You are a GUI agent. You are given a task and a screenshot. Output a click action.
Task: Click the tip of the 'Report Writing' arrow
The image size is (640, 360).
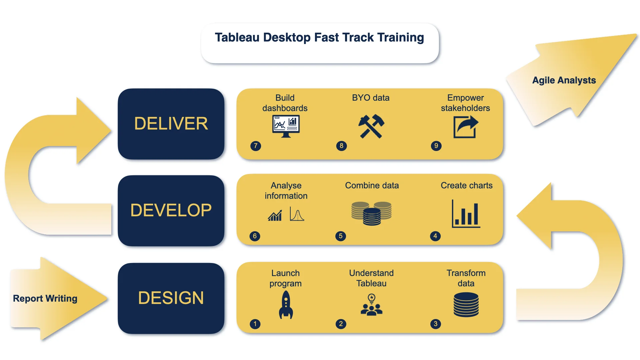108,298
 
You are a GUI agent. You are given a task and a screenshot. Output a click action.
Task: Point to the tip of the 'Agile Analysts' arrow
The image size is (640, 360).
637,34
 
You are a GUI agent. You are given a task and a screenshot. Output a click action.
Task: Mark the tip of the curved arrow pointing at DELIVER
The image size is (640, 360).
111,130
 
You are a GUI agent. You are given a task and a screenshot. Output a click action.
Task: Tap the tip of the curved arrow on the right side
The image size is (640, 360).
517,216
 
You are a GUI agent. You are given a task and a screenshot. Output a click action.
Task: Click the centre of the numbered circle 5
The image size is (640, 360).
341,236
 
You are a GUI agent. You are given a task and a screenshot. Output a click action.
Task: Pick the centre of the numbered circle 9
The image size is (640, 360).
436,146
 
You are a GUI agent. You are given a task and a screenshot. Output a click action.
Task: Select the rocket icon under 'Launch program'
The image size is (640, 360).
286,305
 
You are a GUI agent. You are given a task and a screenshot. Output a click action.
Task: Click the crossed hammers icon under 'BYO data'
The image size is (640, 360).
371,126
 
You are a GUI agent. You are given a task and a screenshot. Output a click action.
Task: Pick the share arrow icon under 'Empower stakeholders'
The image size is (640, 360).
466,127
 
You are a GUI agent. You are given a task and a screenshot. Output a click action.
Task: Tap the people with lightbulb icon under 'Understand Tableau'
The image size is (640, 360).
371,304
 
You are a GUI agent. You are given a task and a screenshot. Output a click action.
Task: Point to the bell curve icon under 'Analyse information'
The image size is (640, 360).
297,214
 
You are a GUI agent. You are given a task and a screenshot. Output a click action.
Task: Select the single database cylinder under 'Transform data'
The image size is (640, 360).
466,304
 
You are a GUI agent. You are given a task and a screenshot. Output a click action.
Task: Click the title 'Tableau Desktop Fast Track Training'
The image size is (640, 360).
319,37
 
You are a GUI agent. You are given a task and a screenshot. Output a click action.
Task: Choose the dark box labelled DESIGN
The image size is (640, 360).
171,298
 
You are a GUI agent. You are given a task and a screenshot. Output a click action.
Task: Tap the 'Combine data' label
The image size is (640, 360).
372,185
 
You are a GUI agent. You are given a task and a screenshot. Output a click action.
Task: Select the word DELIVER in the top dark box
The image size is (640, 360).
171,124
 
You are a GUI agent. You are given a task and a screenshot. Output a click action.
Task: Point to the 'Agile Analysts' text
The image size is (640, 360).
564,80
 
